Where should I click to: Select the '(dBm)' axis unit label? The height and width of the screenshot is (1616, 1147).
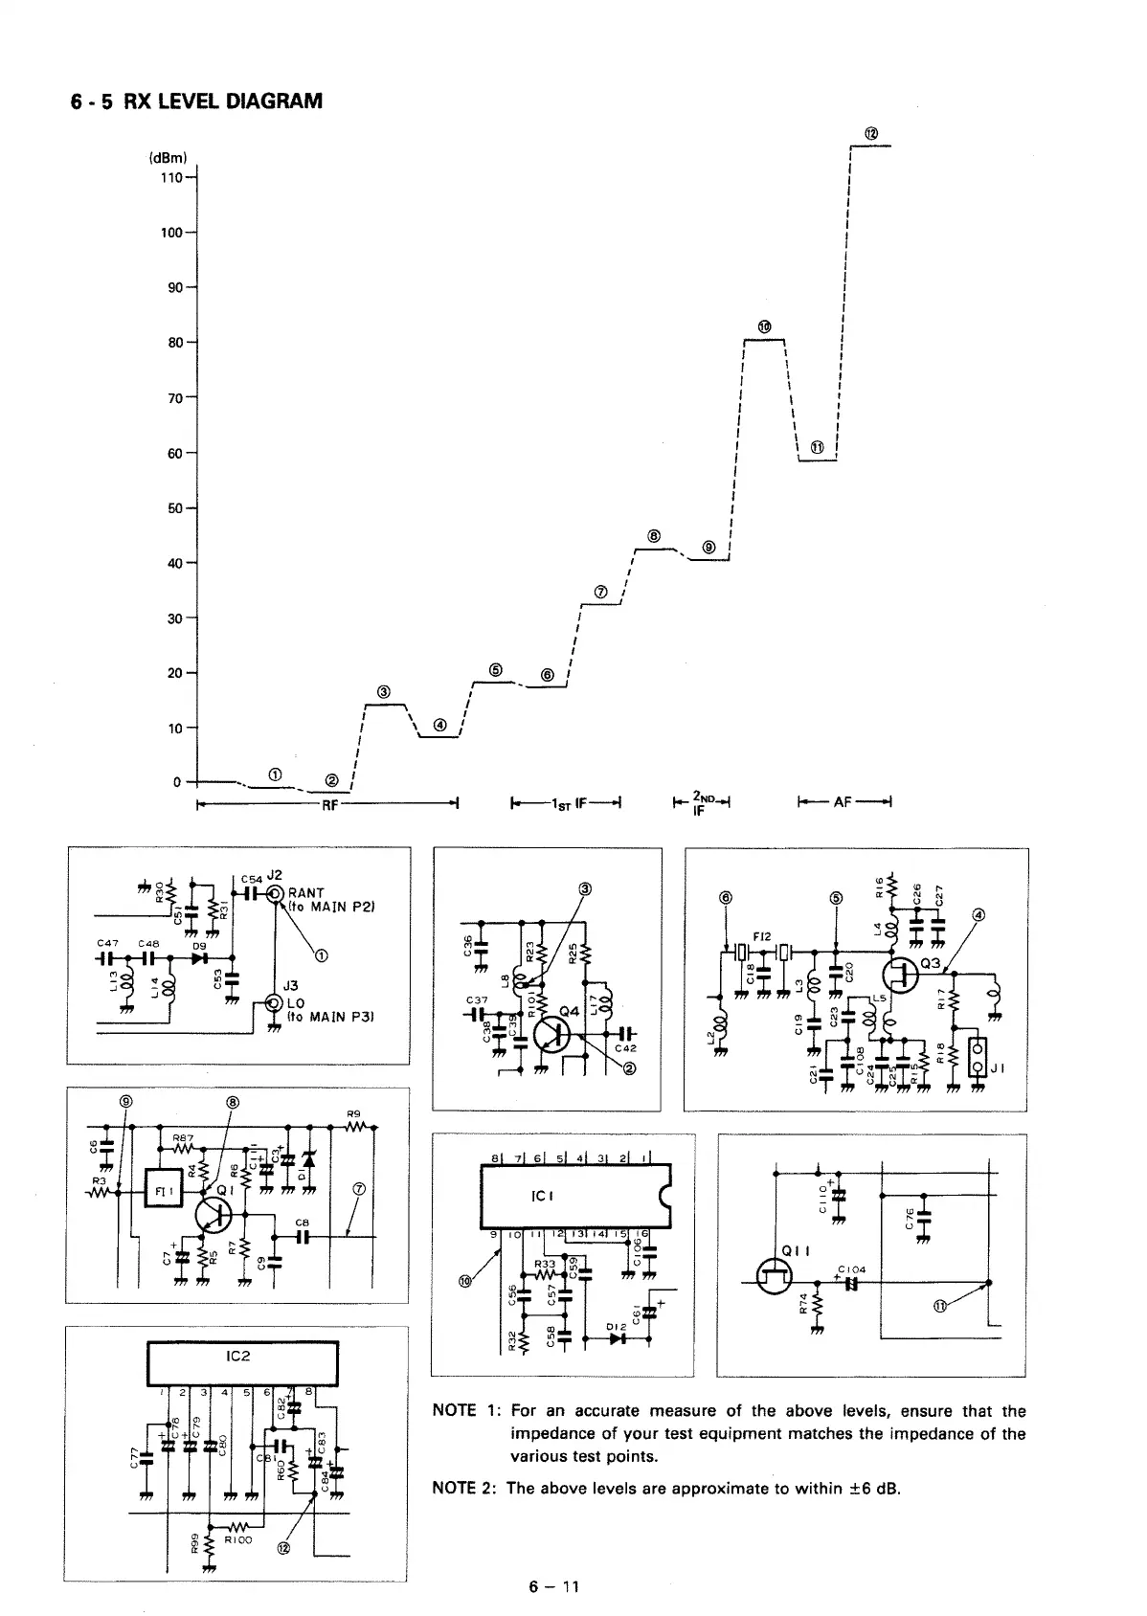coord(168,158)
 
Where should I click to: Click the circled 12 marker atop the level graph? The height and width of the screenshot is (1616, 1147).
coord(871,133)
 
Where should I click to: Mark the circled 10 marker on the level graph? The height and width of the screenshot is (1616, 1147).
coord(764,327)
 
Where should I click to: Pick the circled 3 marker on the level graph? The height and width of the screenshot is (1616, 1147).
coord(384,691)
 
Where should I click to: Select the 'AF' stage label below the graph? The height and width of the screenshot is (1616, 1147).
coord(843,803)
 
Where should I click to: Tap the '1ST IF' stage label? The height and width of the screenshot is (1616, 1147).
coord(568,804)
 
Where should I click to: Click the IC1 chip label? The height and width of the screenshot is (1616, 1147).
coord(543,1197)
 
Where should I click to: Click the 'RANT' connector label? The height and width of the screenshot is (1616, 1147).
coord(306,894)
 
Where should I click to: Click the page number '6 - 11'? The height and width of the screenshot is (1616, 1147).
coord(554,1586)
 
